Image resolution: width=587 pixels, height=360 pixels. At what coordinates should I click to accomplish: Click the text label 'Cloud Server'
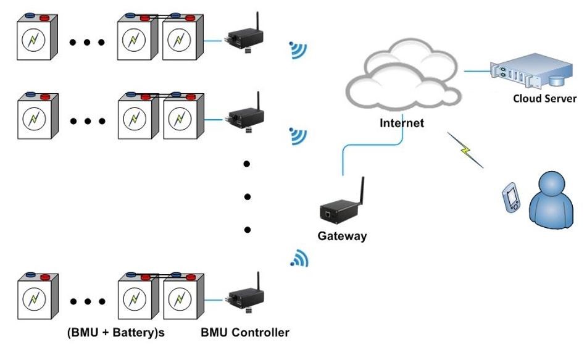tap(544, 99)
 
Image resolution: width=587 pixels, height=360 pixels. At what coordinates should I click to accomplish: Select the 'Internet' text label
tap(401, 123)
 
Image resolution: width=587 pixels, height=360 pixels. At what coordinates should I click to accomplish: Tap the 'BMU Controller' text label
tap(245, 333)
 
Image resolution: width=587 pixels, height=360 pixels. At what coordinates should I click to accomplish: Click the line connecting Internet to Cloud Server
tap(475, 71)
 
